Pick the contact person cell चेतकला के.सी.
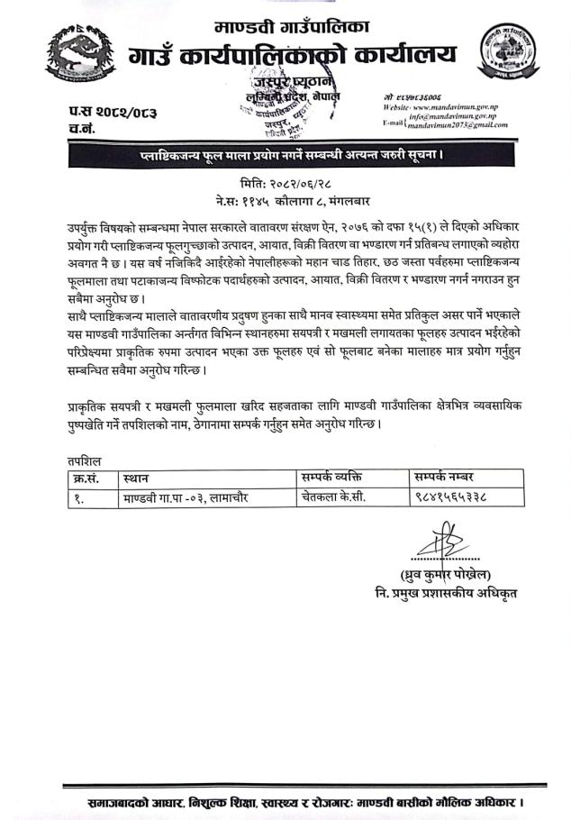[333, 497]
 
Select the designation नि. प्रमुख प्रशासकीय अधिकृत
[448, 594]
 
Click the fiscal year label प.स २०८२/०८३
[100, 112]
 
